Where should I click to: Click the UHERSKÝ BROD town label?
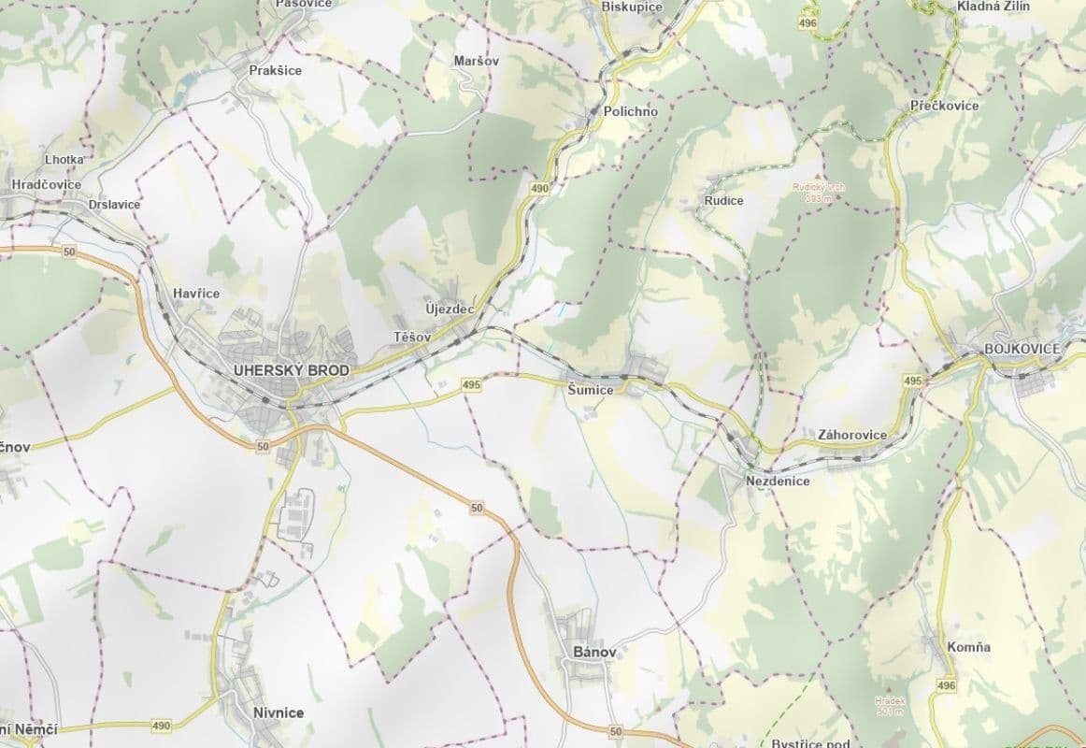[292, 370]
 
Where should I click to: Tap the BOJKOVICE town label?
[1022, 349]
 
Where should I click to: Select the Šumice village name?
[591, 389]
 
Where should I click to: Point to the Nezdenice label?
[778, 481]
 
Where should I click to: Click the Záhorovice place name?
[851, 435]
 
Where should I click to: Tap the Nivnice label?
[278, 712]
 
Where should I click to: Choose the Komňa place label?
[968, 647]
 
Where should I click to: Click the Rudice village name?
[724, 200]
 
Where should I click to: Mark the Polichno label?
[631, 111]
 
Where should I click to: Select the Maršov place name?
[476, 61]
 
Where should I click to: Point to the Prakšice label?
[276, 70]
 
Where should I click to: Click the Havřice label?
[196, 294]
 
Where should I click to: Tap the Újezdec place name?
[450, 309]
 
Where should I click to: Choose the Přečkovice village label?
[944, 106]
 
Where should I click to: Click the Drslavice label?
[113, 204]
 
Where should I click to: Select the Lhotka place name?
[64, 160]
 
